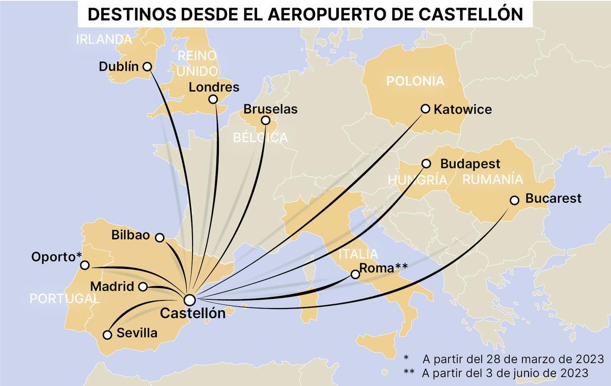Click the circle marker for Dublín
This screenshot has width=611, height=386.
[147, 66]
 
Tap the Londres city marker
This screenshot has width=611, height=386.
[213, 99]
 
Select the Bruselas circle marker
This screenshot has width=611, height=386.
[265, 121]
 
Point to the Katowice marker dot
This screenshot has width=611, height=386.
[426, 108]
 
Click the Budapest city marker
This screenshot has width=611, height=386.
[427, 164]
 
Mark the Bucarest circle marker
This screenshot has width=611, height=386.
[514, 200]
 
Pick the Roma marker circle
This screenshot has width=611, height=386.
[355, 274]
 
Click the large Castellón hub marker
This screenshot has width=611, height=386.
[190, 299]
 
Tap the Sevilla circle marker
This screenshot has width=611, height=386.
[107, 335]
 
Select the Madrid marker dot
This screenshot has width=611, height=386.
[143, 287]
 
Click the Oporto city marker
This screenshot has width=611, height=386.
[85, 265]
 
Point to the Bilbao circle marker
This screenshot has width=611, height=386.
[159, 237]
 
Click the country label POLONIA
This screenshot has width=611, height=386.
[415, 81]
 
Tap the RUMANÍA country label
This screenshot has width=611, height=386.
[492, 179]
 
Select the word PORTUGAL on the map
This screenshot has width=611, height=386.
[64, 298]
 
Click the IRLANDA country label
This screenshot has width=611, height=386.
[104, 39]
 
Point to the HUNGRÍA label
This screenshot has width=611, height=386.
[418, 180]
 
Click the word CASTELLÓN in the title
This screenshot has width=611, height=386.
[471, 14]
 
